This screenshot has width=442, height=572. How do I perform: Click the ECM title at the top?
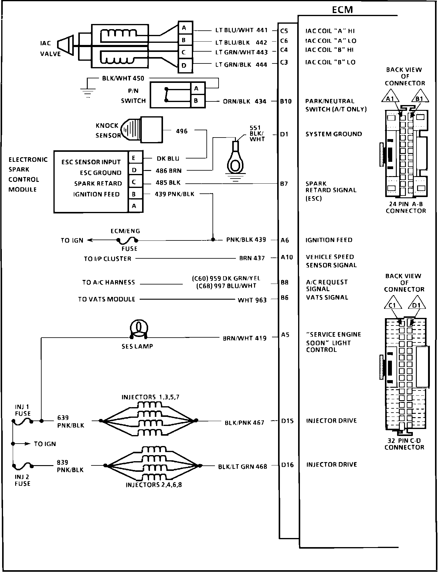[342, 10]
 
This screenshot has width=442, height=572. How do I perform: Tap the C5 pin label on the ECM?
[284, 31]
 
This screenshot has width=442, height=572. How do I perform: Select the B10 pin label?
[286, 101]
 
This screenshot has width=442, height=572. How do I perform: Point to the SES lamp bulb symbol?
[139, 328]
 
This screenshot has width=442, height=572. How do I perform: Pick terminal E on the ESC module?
[134, 158]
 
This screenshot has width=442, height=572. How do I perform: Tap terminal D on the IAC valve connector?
[184, 65]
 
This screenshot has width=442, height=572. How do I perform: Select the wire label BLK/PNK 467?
[244, 423]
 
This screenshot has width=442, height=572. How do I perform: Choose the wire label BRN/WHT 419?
[244, 338]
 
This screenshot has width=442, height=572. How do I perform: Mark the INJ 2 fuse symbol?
[23, 465]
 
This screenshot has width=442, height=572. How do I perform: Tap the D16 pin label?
[287, 465]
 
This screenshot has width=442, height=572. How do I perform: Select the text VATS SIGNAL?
[327, 298]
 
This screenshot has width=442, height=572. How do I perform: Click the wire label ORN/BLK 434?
[244, 101]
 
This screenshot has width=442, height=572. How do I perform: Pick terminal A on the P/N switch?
[196, 88]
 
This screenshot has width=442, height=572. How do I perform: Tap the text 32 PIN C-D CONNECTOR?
[404, 444]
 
